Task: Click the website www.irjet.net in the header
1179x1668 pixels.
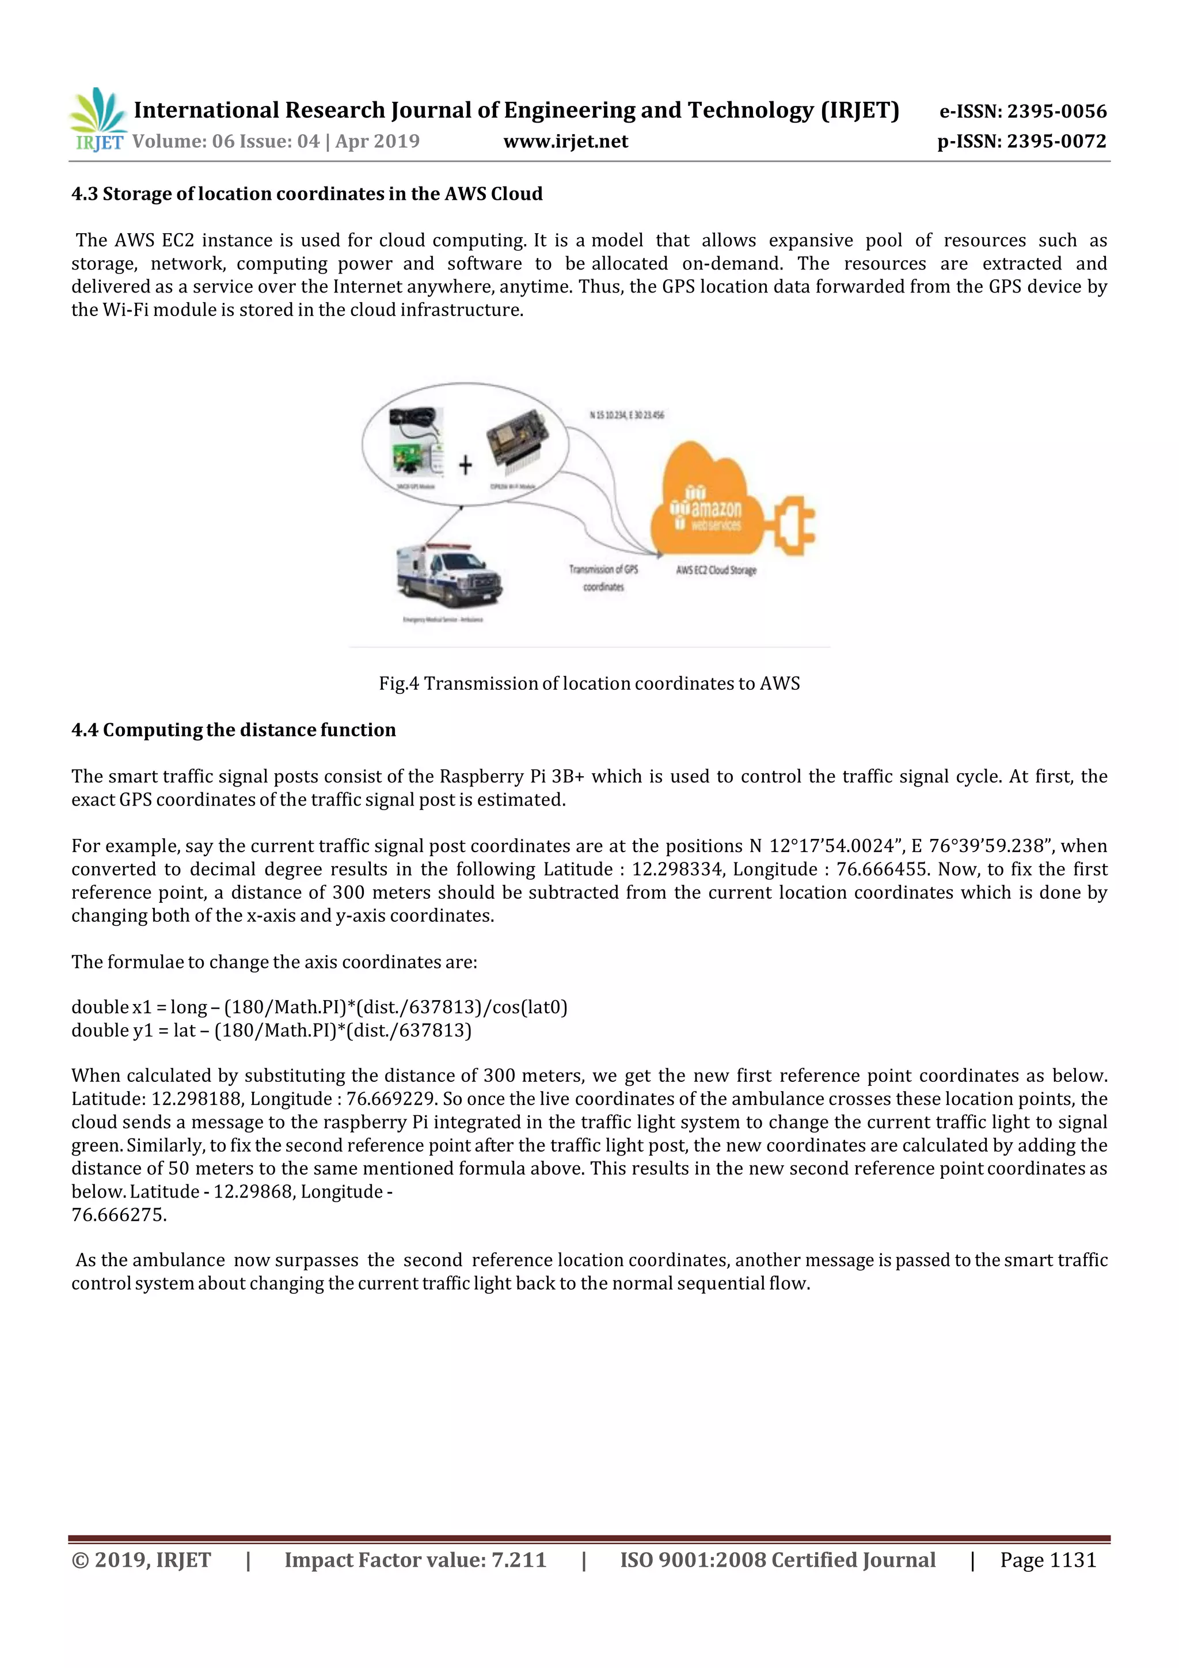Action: (565, 142)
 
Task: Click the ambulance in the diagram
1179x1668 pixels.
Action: (449, 575)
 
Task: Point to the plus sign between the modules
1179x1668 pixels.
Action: (465, 465)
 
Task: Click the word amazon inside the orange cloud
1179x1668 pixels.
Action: (716, 508)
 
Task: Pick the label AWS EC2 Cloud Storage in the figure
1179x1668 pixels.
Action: (716, 570)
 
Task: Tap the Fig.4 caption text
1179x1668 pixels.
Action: (589, 683)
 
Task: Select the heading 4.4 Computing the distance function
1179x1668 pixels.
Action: (233, 730)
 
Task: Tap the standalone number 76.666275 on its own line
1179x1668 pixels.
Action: (119, 1215)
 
